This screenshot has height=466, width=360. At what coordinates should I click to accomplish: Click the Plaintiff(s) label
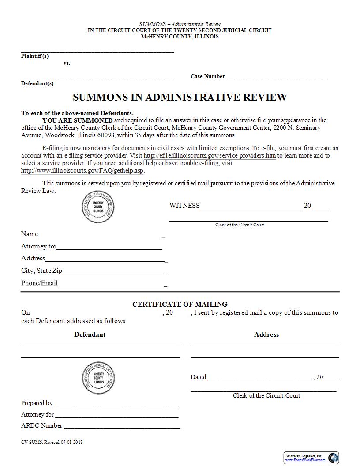(x=35, y=56)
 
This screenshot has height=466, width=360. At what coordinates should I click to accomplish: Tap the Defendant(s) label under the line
(x=37, y=83)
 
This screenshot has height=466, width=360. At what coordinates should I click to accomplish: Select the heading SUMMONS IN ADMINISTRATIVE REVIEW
(x=180, y=97)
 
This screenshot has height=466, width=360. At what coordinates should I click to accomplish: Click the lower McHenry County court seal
(x=98, y=378)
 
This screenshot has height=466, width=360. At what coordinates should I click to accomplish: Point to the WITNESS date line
(x=251, y=206)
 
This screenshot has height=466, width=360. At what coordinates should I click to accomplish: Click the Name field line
(x=101, y=234)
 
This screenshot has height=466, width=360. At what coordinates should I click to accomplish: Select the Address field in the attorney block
(x=105, y=259)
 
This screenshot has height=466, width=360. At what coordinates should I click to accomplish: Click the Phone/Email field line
(x=111, y=283)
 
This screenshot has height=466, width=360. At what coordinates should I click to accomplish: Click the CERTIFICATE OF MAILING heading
(x=180, y=304)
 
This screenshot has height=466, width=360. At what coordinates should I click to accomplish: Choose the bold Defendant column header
(x=90, y=334)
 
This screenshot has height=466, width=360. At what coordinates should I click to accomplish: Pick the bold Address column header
(x=266, y=334)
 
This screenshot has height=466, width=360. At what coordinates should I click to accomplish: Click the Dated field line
(x=259, y=377)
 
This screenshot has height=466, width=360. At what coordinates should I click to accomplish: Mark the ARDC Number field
(x=121, y=426)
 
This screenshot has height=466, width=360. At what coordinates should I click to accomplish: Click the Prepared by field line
(x=116, y=403)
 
